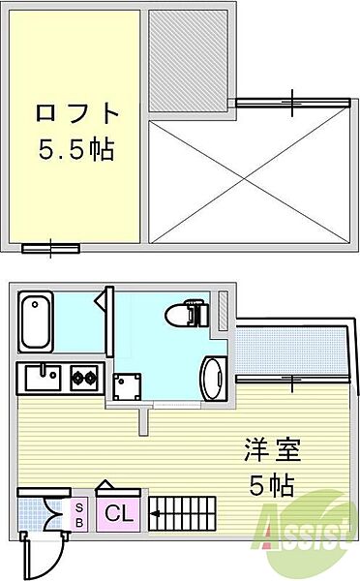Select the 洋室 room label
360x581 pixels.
coord(273,451)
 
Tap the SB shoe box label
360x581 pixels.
coord(78,513)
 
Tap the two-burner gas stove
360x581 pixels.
coord(81,377)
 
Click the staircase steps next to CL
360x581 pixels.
coord(189,513)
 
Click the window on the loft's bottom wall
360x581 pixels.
coord(50,248)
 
